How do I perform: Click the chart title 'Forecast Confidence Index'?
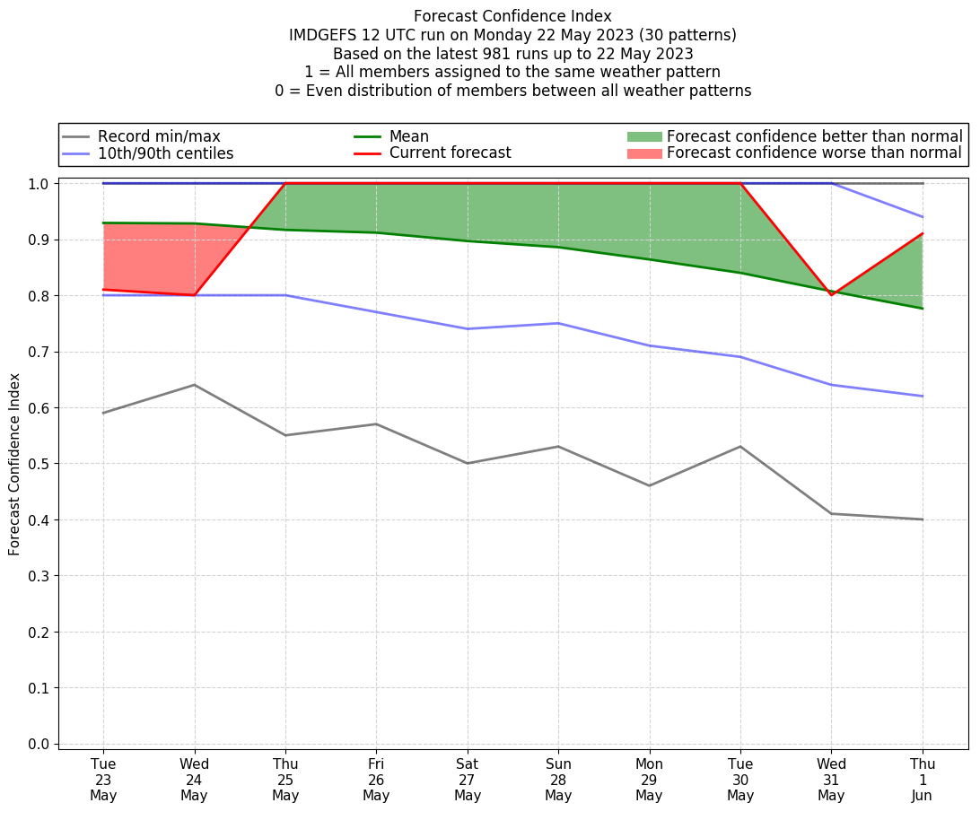tap(512, 16)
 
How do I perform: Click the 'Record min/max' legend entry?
tap(159, 136)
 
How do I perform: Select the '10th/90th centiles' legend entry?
tap(165, 153)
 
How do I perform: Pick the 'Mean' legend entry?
tap(408, 136)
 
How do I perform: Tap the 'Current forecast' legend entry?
tap(450, 153)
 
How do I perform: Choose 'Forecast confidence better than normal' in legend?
tap(814, 136)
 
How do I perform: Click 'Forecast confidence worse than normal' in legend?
tap(814, 153)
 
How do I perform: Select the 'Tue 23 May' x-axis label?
tap(103, 780)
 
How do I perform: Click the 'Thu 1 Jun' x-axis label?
tap(923, 780)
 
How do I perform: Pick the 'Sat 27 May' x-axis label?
tap(468, 780)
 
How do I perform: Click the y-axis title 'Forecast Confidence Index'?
tap(15, 465)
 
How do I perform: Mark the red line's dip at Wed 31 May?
tap(831, 294)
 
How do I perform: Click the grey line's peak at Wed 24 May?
tap(194, 385)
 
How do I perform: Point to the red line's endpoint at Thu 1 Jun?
tap(923, 234)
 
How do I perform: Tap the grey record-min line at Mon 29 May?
tap(649, 485)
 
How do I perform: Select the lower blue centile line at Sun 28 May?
tap(558, 323)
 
